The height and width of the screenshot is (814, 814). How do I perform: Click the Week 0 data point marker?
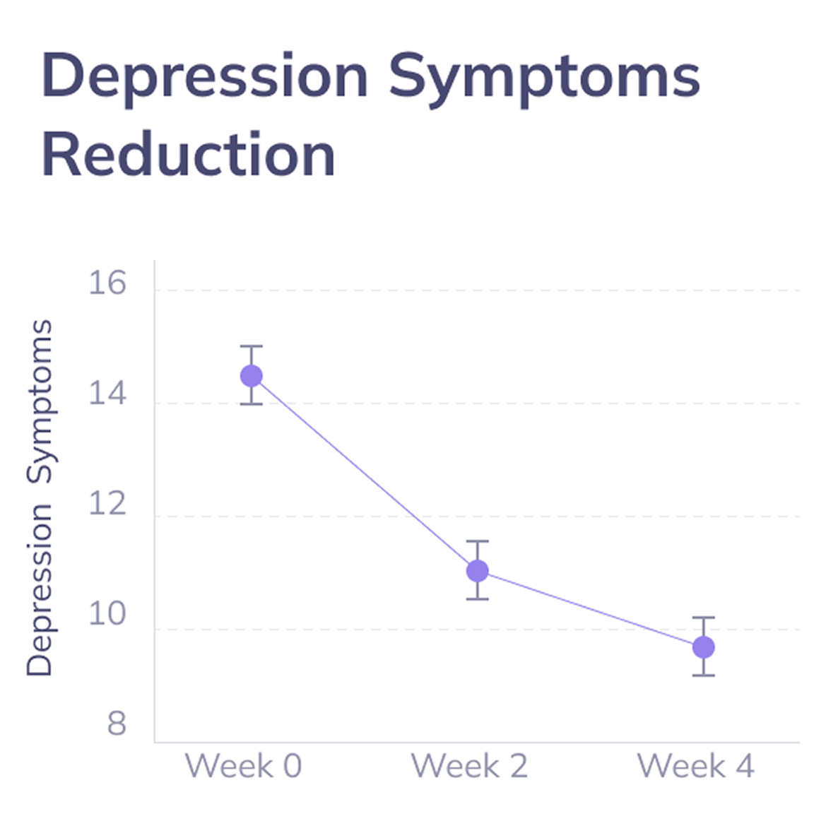click(x=252, y=376)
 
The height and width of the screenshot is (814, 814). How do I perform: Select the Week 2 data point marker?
click(x=478, y=571)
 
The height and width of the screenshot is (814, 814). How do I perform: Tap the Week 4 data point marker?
click(x=704, y=647)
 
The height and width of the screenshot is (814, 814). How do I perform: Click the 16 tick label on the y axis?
click(x=107, y=283)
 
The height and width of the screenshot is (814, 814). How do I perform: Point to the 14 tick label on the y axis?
click(x=107, y=394)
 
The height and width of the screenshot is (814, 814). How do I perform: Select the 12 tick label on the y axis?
click(x=107, y=504)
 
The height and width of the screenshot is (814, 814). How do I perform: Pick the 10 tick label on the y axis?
click(x=107, y=614)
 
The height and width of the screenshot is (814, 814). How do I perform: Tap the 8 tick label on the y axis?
click(x=117, y=724)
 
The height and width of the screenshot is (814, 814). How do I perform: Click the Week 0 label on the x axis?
click(x=244, y=766)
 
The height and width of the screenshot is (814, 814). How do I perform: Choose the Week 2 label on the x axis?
click(x=470, y=766)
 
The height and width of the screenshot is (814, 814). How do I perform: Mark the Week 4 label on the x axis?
click(x=696, y=766)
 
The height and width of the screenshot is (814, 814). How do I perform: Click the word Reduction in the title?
click(x=188, y=155)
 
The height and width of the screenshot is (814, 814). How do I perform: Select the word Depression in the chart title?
click(x=205, y=76)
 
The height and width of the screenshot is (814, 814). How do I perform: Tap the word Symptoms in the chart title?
click(x=544, y=76)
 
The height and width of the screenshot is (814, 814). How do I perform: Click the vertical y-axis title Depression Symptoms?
click(x=39, y=498)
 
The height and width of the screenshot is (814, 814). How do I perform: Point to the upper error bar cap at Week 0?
click(x=252, y=346)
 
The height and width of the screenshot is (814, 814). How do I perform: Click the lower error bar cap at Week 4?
click(x=704, y=676)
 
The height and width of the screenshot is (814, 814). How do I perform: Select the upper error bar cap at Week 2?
click(x=478, y=541)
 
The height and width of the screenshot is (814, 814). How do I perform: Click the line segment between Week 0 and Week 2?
click(x=365, y=473)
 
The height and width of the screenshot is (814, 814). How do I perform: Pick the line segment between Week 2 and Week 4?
click(x=591, y=609)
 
